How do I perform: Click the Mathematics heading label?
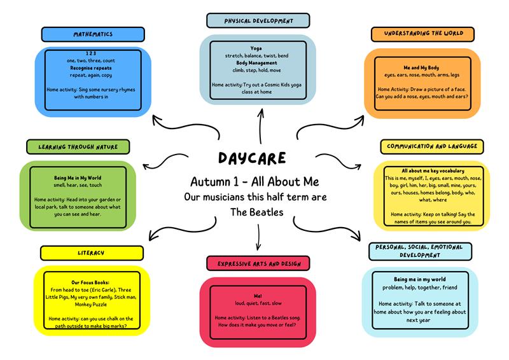point(94,34)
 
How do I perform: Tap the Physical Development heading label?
point(258,20)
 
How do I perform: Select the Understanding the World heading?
point(426,34)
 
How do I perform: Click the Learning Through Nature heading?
point(78,147)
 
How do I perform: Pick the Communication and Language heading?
point(431,147)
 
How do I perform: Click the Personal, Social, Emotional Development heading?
point(419,250)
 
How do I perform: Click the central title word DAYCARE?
point(252,157)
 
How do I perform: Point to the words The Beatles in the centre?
point(254,212)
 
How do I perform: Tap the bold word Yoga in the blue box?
point(256,48)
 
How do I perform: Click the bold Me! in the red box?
point(258,296)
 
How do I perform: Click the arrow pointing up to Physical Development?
point(260,124)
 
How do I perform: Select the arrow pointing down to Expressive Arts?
point(258,239)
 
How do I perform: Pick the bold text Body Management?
point(256,63)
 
